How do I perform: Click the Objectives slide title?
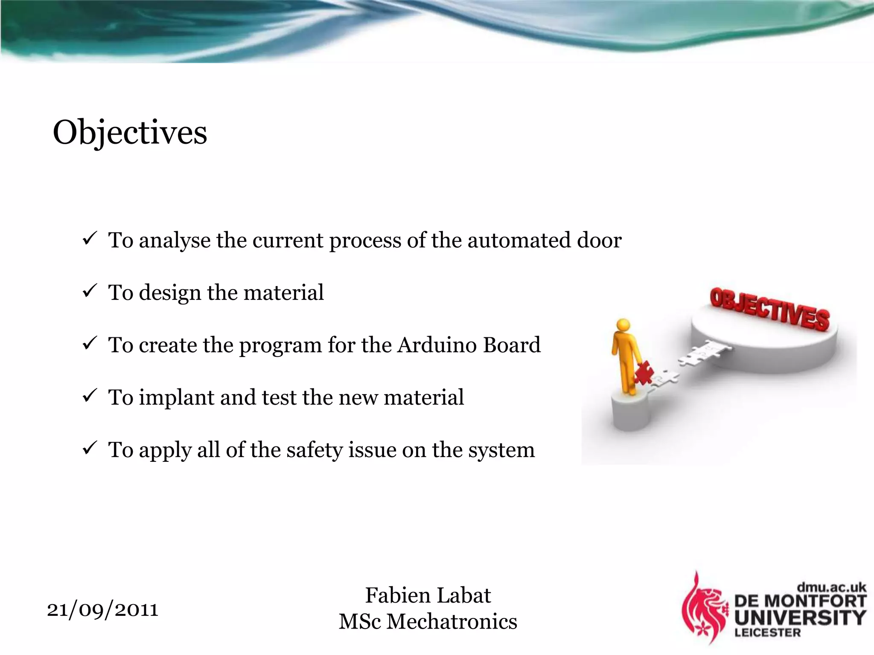click(x=130, y=133)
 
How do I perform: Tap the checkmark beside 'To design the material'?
click(x=90, y=291)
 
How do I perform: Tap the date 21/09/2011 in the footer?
click(x=102, y=609)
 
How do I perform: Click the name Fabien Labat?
click(x=428, y=595)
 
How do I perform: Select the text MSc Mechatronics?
click(x=428, y=622)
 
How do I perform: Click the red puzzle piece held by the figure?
click(x=644, y=372)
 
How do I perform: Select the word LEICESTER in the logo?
click(x=767, y=633)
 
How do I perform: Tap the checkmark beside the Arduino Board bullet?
click(x=90, y=344)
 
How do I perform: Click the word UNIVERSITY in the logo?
click(x=800, y=617)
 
